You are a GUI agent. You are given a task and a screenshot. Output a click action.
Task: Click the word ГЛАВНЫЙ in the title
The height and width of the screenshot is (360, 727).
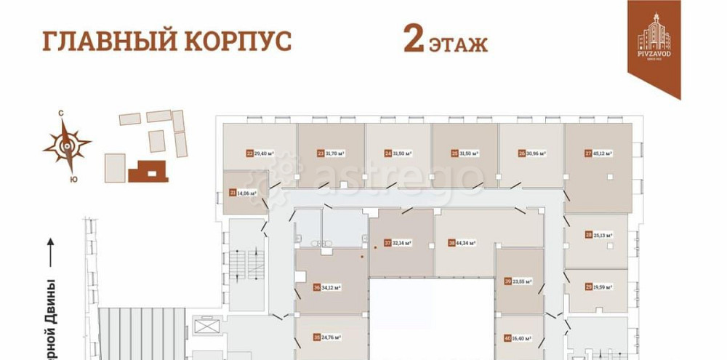coord(97,41)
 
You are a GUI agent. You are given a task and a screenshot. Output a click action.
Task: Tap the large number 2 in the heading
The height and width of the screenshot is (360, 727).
coord(414,41)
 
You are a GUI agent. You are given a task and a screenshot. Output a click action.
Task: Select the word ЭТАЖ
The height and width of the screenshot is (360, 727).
coord(458,44)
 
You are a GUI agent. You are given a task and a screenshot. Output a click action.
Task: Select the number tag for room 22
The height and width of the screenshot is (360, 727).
coord(250,153)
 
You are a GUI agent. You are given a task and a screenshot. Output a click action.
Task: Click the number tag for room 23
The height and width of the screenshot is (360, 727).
coord(321,153)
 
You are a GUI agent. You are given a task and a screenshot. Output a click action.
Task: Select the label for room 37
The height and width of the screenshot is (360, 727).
coord(398,243)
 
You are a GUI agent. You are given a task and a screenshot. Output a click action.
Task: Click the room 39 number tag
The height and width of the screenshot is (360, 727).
coord(507,281)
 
